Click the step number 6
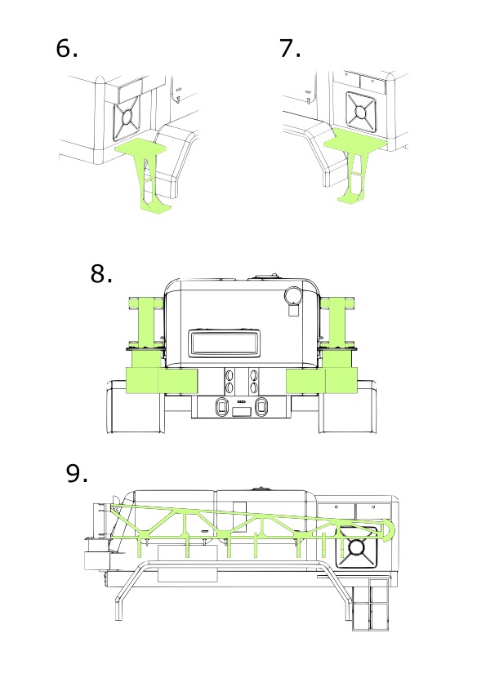[x=67, y=49]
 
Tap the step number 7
[x=290, y=49]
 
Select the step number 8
[x=101, y=273]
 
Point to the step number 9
[x=77, y=473]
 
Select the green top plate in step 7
[x=356, y=144]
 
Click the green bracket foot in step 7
[x=350, y=199]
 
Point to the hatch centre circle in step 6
[x=127, y=117]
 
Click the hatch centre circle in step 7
[x=361, y=113]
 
